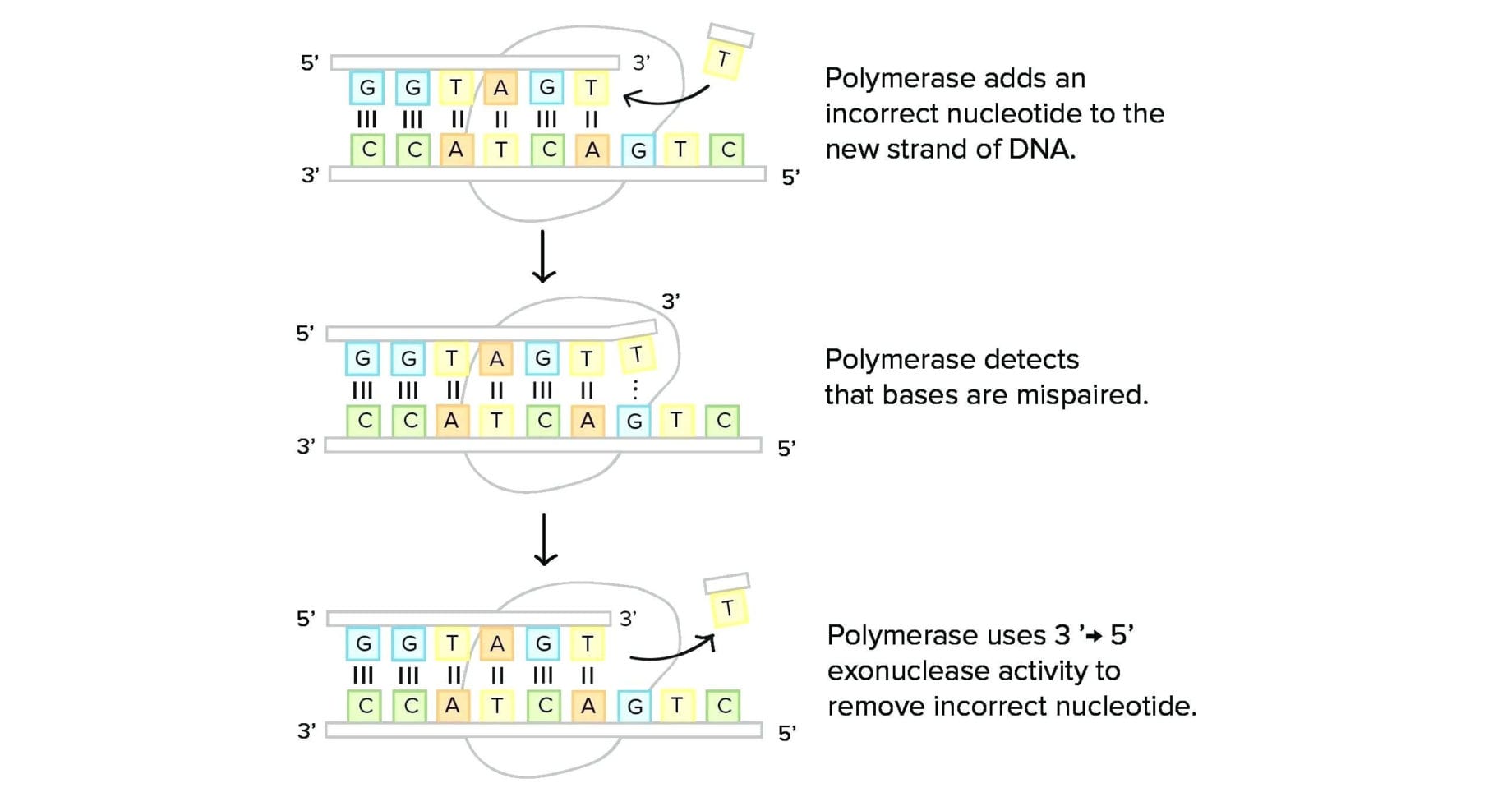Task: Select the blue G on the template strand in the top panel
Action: pyautogui.click(x=638, y=151)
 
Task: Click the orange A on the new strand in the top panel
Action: pyautogui.click(x=500, y=88)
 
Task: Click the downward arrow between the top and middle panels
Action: pyautogui.click(x=543, y=256)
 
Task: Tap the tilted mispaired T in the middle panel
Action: pyautogui.click(x=636, y=355)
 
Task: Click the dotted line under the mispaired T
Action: pyautogui.click(x=635, y=389)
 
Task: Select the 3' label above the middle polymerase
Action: pyautogui.click(x=671, y=302)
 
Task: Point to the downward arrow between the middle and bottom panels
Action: pyautogui.click(x=545, y=540)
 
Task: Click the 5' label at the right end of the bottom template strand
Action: pyautogui.click(x=786, y=733)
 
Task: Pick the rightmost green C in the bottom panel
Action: pyautogui.click(x=724, y=706)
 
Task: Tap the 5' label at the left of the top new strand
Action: pyautogui.click(x=309, y=62)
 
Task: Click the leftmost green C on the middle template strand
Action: pyautogui.click(x=365, y=421)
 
